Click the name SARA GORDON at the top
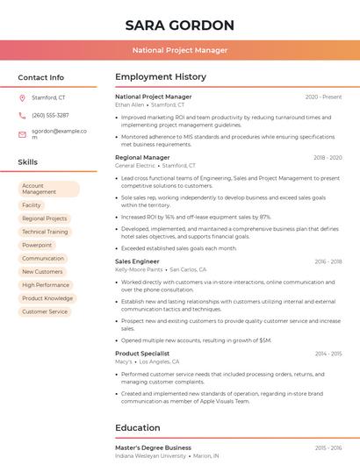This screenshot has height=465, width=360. (180, 25)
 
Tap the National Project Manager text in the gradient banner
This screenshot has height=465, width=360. (180, 51)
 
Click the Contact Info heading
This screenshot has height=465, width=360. (41, 77)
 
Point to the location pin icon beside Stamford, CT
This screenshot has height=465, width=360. (22, 97)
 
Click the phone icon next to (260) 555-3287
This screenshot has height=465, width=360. (22, 115)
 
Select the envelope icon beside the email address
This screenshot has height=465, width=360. (22, 134)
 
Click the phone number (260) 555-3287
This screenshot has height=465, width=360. (50, 115)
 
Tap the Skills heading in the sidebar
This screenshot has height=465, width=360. (28, 162)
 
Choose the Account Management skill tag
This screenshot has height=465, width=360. (48, 189)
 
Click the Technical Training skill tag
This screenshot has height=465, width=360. (45, 232)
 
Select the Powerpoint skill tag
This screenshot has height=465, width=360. (37, 245)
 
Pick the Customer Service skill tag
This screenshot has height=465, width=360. (45, 311)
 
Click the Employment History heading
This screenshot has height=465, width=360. (161, 77)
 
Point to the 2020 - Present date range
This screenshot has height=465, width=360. (323, 97)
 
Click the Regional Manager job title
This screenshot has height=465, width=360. (142, 158)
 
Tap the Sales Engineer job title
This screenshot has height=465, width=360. (137, 261)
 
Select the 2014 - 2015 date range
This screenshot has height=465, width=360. (328, 354)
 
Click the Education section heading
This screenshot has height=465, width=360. (138, 428)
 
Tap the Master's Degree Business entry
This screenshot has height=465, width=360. (153, 447)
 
